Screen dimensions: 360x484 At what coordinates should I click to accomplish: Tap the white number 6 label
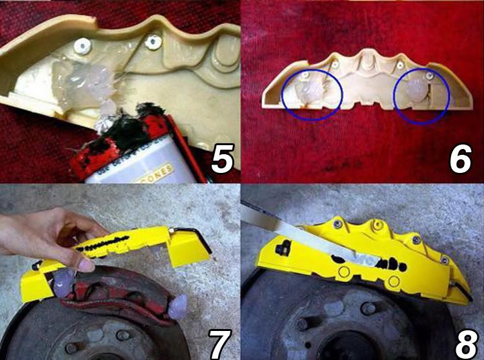(460, 159)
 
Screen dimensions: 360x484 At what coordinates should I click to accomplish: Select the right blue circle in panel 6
(420, 94)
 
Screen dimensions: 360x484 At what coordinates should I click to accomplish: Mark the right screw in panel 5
(152, 42)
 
